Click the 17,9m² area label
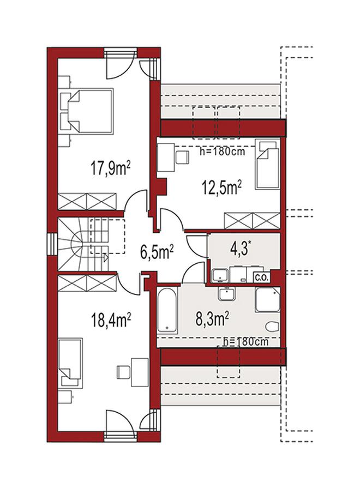pos(110,168)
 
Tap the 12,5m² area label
pos(222,188)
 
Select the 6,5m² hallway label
pos(157,252)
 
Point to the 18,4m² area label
pos(110,321)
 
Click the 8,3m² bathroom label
pos(212,319)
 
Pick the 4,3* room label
pos(241,249)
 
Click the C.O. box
pos(262,277)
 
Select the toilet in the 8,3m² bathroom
pos(272,327)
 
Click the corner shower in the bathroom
pos(268,299)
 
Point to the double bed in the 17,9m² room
pos(86,111)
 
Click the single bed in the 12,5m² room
pos(267,165)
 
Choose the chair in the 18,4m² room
pos(123,372)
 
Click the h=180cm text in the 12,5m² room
pos(222,152)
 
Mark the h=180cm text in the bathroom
pos(246,342)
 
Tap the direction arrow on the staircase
pos(105,258)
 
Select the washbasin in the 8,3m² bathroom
pos(227,294)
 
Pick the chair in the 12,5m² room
pos(182,158)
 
